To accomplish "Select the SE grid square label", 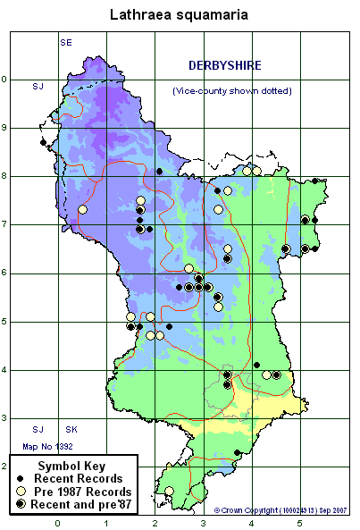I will pos(66,42).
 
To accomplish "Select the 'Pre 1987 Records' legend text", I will pos(88,492).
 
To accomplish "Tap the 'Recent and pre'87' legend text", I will pos(87,505).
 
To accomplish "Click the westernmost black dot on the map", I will pos(43,142).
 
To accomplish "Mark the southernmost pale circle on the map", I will pos(169,491).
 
